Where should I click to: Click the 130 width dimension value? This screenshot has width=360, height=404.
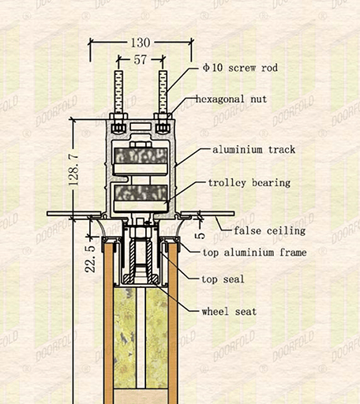pos(141,43)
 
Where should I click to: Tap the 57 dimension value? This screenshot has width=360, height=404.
pos(141,60)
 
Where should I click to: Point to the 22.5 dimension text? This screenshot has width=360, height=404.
pos(90,259)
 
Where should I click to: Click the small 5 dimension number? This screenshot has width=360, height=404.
pos(200,234)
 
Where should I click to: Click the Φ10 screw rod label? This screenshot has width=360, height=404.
pos(240,68)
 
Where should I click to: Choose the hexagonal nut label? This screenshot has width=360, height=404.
pos(231,99)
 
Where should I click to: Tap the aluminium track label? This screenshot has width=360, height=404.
pos(253,150)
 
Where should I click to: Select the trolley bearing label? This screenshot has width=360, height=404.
pos(249,183)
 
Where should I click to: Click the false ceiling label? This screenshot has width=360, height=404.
pos(270,231)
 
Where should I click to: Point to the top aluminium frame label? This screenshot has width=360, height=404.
pos(254,252)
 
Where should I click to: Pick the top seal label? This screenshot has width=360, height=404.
pos(223,279)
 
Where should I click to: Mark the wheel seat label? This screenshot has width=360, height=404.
pos(229,312)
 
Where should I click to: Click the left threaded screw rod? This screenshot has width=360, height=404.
pos(118,92)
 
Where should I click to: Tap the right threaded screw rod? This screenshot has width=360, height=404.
pos(163,92)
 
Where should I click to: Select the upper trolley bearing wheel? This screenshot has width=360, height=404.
pos(141,161)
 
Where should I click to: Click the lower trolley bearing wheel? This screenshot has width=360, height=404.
pos(141,198)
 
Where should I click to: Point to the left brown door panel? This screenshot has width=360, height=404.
pos(108,324)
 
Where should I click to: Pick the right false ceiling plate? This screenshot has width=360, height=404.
pos(208,214)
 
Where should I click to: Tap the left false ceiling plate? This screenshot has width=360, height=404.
pos(74,214)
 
